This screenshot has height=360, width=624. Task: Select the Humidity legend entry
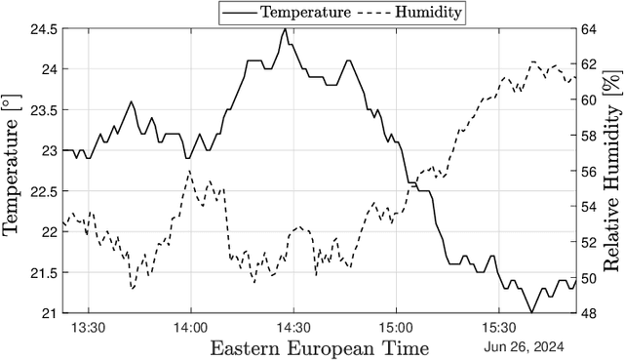[x=409, y=12]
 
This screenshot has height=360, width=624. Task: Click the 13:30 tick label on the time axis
[x=89, y=329]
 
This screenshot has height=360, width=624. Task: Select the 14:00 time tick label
[x=190, y=329]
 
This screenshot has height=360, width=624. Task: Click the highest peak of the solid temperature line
[x=285, y=28]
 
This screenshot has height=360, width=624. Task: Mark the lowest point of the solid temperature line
[x=531, y=312]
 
